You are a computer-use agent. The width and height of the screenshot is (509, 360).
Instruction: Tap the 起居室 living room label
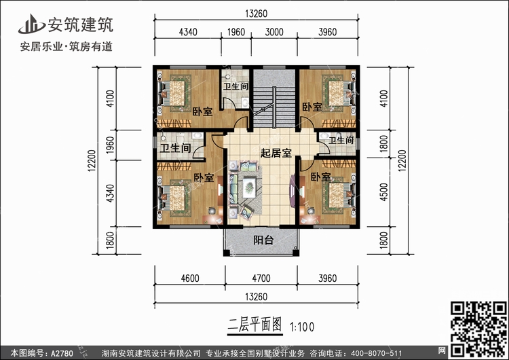[275, 154]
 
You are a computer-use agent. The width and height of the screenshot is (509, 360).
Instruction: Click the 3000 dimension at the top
[274, 32]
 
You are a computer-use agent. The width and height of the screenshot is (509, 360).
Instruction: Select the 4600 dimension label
[189, 277]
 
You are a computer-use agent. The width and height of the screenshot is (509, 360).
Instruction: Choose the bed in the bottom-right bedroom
[335, 193]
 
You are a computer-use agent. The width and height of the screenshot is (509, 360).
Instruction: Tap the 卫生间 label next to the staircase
[235, 86]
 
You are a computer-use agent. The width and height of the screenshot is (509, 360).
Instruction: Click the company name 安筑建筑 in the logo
[80, 24]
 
